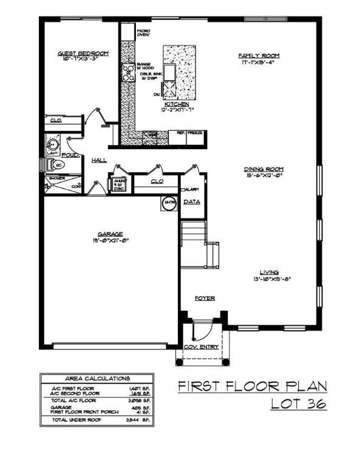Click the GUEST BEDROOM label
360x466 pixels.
[83, 54]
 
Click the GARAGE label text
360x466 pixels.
[110, 234]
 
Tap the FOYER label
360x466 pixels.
[205, 298]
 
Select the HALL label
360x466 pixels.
[99, 160]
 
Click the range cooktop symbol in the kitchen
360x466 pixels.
[129, 73]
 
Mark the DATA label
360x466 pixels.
[192, 201]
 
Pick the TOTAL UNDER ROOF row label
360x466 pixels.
[76, 419]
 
